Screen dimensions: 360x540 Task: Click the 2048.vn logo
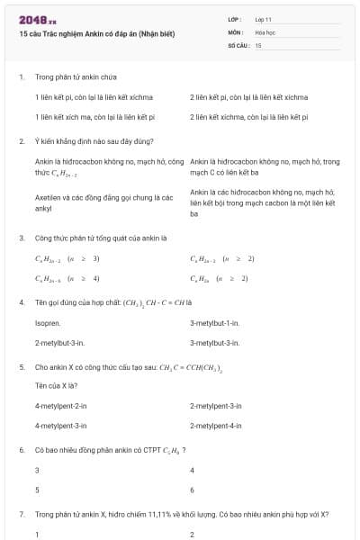click(31, 19)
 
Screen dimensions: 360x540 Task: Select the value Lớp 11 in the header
click(264, 18)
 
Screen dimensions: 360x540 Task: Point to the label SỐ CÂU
click(238, 44)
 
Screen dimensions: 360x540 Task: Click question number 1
click(21, 77)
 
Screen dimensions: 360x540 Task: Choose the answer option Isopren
click(48, 322)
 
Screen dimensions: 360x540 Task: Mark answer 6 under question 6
click(193, 490)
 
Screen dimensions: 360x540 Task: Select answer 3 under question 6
click(37, 471)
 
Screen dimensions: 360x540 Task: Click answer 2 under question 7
click(193, 535)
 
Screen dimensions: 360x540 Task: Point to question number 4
click(21, 302)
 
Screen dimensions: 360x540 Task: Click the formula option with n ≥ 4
click(67, 279)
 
